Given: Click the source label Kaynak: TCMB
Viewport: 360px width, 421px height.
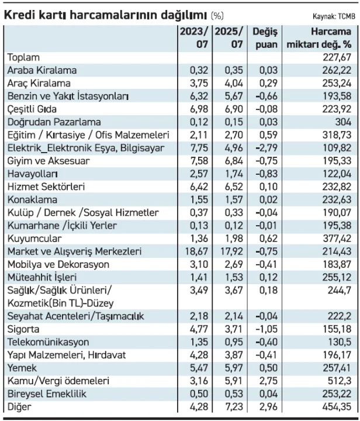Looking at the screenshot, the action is pos(334,16).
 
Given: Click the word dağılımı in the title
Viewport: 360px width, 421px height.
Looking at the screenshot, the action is pos(184,16).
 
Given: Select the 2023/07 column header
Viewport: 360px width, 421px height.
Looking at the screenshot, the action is pos(194,38).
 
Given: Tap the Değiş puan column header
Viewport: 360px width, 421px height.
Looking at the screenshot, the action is pos(265,38).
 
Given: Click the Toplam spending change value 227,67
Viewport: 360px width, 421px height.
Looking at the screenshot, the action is pos(337,57).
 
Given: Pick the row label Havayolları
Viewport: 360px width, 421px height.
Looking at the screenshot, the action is pos(33,174).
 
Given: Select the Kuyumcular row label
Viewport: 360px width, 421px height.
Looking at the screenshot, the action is pos(34,239).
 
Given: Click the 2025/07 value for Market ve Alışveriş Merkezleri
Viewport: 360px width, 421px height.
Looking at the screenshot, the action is pos(231,251).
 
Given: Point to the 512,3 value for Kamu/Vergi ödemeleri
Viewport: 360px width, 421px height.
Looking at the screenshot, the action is pos(340,381).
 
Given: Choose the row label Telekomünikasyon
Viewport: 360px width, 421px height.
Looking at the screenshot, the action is pos(49,342).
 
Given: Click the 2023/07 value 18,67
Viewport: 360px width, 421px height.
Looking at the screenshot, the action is pos(196,251).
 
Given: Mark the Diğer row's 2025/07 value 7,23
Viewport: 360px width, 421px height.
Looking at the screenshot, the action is pos(234,406).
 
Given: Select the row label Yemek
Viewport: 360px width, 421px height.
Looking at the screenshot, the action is pos(22,368).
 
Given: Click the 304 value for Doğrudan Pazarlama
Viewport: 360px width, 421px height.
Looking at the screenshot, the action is pos(343,122).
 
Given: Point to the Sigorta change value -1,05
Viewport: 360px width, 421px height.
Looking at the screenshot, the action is pos(266,329).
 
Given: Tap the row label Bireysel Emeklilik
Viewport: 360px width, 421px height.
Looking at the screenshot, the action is pos(47,394).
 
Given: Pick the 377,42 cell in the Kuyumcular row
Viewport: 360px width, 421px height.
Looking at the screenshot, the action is pos(337,239).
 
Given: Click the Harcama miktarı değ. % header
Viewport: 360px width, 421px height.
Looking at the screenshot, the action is pos(319,38).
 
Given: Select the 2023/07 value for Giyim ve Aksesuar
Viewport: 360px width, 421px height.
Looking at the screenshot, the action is pos(199,161).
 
